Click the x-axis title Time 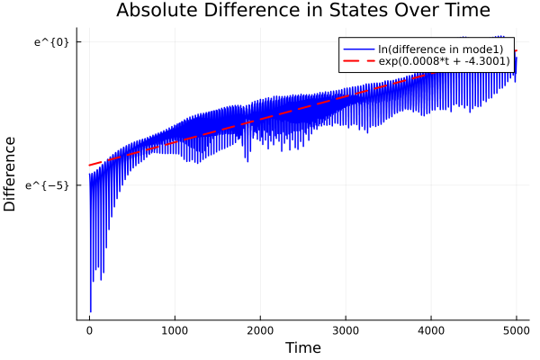click(x=302, y=347)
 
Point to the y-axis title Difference click(x=11, y=174)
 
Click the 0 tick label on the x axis click(x=89, y=330)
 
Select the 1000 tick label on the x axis click(x=175, y=330)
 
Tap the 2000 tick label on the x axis click(x=260, y=330)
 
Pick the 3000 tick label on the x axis click(x=346, y=330)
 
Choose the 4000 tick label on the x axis click(x=431, y=330)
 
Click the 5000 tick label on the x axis click(x=516, y=330)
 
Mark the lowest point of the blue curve click(x=91, y=311)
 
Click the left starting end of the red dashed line click(x=89, y=165)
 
